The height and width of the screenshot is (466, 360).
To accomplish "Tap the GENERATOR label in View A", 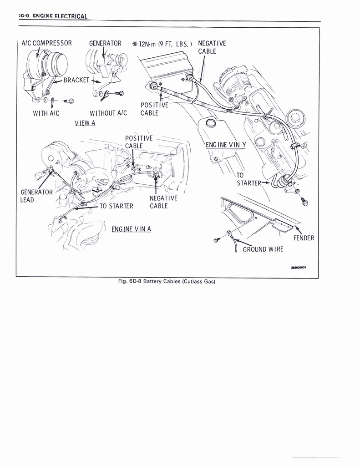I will point(105,44).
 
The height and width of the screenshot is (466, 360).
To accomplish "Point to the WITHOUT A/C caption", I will point(108,113).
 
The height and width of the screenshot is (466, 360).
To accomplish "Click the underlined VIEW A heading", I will point(85,123).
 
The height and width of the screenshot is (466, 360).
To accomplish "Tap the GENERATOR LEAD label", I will point(36,196).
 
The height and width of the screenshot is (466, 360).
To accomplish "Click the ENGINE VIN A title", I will point(131,228).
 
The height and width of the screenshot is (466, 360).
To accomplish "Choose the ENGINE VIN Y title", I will point(226,145).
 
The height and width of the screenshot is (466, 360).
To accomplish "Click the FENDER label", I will point(304,238).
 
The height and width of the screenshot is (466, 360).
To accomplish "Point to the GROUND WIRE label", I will point(263,249).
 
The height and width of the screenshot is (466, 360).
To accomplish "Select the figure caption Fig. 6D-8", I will point(166,281).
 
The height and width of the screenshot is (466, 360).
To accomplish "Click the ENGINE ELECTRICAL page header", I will point(52,17).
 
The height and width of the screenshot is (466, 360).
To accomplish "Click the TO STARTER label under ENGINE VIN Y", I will point(248,179).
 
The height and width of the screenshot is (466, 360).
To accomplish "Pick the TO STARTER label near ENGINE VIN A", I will point(116,206).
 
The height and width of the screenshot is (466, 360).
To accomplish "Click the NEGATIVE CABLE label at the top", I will point(212,47).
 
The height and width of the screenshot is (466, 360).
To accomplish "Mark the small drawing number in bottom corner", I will point(298,268).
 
